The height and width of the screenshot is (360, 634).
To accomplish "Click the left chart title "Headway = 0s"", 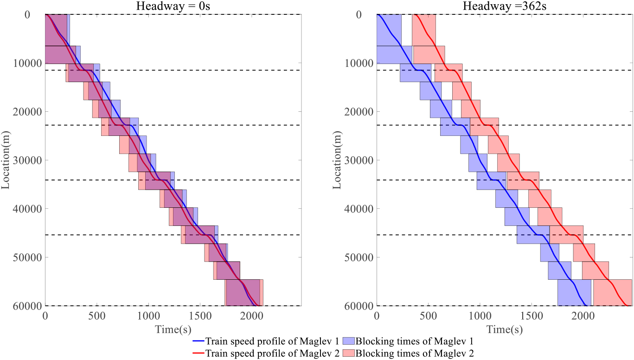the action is coord(173,6).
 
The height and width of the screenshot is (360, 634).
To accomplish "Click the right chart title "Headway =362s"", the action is coord(505,6).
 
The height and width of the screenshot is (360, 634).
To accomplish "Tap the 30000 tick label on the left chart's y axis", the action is coord(27,160).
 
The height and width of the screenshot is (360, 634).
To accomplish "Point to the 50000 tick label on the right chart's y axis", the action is coord(359,257).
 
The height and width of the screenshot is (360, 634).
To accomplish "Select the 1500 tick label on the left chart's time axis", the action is coord(200,315).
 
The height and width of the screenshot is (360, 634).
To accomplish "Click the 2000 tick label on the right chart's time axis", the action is coord(583,315).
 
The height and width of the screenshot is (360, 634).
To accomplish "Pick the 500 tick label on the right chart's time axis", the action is coord(428,315).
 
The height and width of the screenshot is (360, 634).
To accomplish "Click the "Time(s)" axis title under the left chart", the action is coord(173,329).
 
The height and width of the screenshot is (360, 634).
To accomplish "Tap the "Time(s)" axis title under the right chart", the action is coord(505,329).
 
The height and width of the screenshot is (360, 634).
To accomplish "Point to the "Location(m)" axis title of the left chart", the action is coord(6,160).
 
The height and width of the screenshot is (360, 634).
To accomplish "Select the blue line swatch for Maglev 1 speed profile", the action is coord(198,341).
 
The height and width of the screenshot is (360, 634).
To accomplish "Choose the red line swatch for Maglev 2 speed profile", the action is coord(198,353).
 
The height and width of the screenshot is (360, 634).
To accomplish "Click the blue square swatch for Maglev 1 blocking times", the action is coord(348,341).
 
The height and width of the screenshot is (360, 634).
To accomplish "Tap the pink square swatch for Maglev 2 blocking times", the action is coord(348,353).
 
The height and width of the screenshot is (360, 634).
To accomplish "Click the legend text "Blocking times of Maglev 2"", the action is coord(415,353).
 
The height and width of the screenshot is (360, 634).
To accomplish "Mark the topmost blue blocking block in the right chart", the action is coord(389,30).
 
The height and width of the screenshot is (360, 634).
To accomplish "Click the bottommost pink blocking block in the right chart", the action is coord(613,293).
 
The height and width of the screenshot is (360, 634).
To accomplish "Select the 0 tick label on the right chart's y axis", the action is coord(359,14).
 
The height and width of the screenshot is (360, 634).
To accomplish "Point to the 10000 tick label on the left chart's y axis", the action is coord(27,63).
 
